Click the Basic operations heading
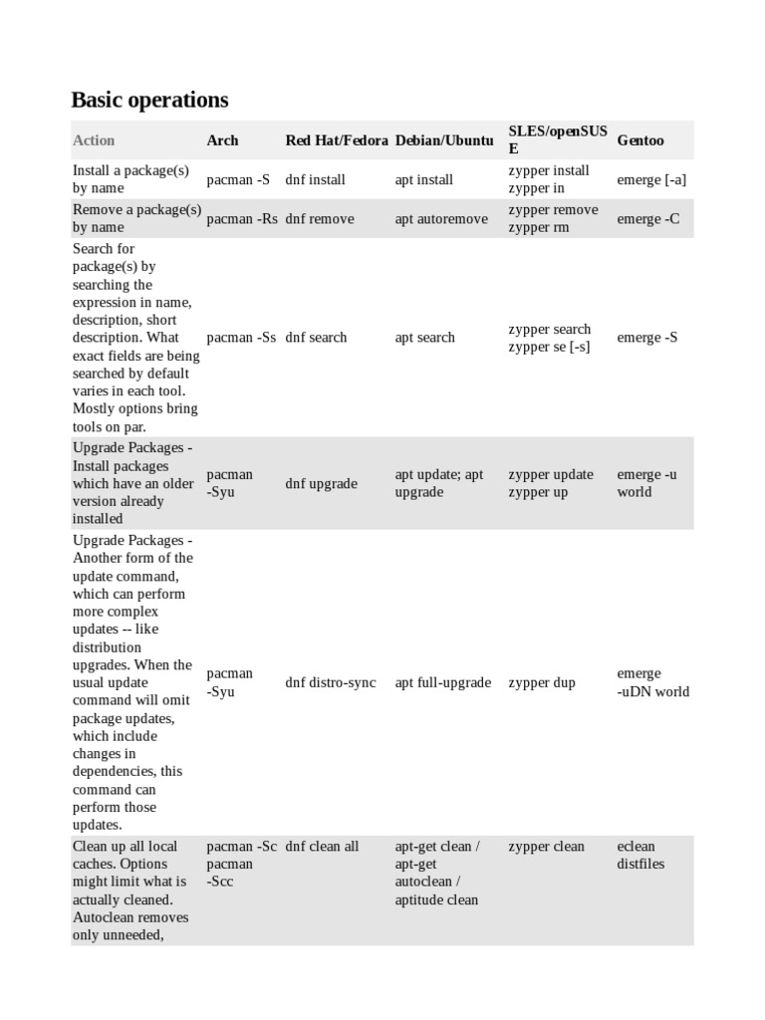149,100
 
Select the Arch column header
222,140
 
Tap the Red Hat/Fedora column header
337,140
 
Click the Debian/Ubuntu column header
444,140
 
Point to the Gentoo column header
640,140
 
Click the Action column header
94,140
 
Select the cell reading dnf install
316,180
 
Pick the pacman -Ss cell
241,338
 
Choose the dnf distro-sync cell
331,683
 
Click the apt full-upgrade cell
443,683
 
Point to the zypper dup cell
542,683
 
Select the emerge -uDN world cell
652,682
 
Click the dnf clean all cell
322,847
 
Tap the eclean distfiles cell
640,856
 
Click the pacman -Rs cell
242,219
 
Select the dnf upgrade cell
321,484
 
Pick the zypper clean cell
546,847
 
